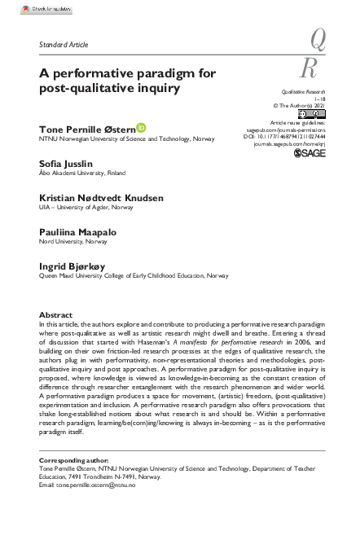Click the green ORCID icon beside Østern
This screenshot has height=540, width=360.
(141, 127)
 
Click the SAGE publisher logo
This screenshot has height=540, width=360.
(310, 152)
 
